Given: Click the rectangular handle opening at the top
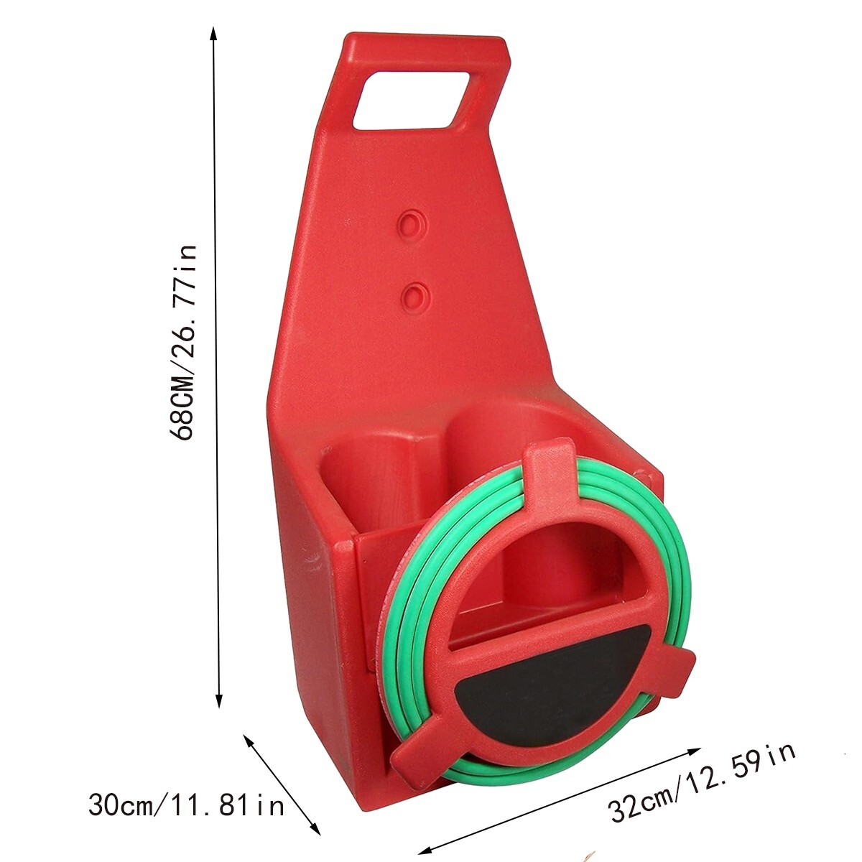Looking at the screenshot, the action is [412, 101].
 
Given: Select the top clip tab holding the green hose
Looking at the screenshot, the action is [550, 476].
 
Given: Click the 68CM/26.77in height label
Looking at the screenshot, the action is [182, 343].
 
